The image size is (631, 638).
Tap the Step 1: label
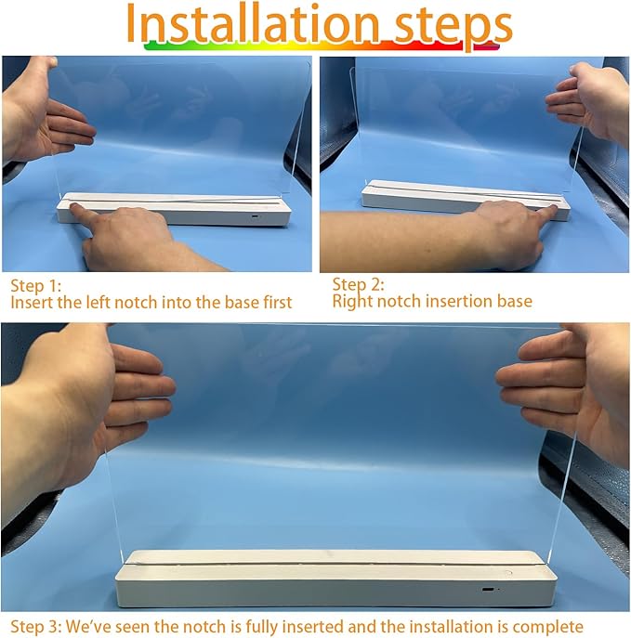point(36,286)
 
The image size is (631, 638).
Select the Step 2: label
point(358,284)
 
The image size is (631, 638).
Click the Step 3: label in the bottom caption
point(36,627)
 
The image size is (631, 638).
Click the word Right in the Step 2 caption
point(352,302)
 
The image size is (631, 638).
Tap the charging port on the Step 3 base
point(487,589)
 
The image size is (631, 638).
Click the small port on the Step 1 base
point(255,216)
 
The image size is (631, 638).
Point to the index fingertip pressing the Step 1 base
point(74,207)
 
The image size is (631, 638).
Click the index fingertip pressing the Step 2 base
point(553,208)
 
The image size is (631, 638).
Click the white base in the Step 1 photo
point(174,208)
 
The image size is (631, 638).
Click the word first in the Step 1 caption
point(277,303)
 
